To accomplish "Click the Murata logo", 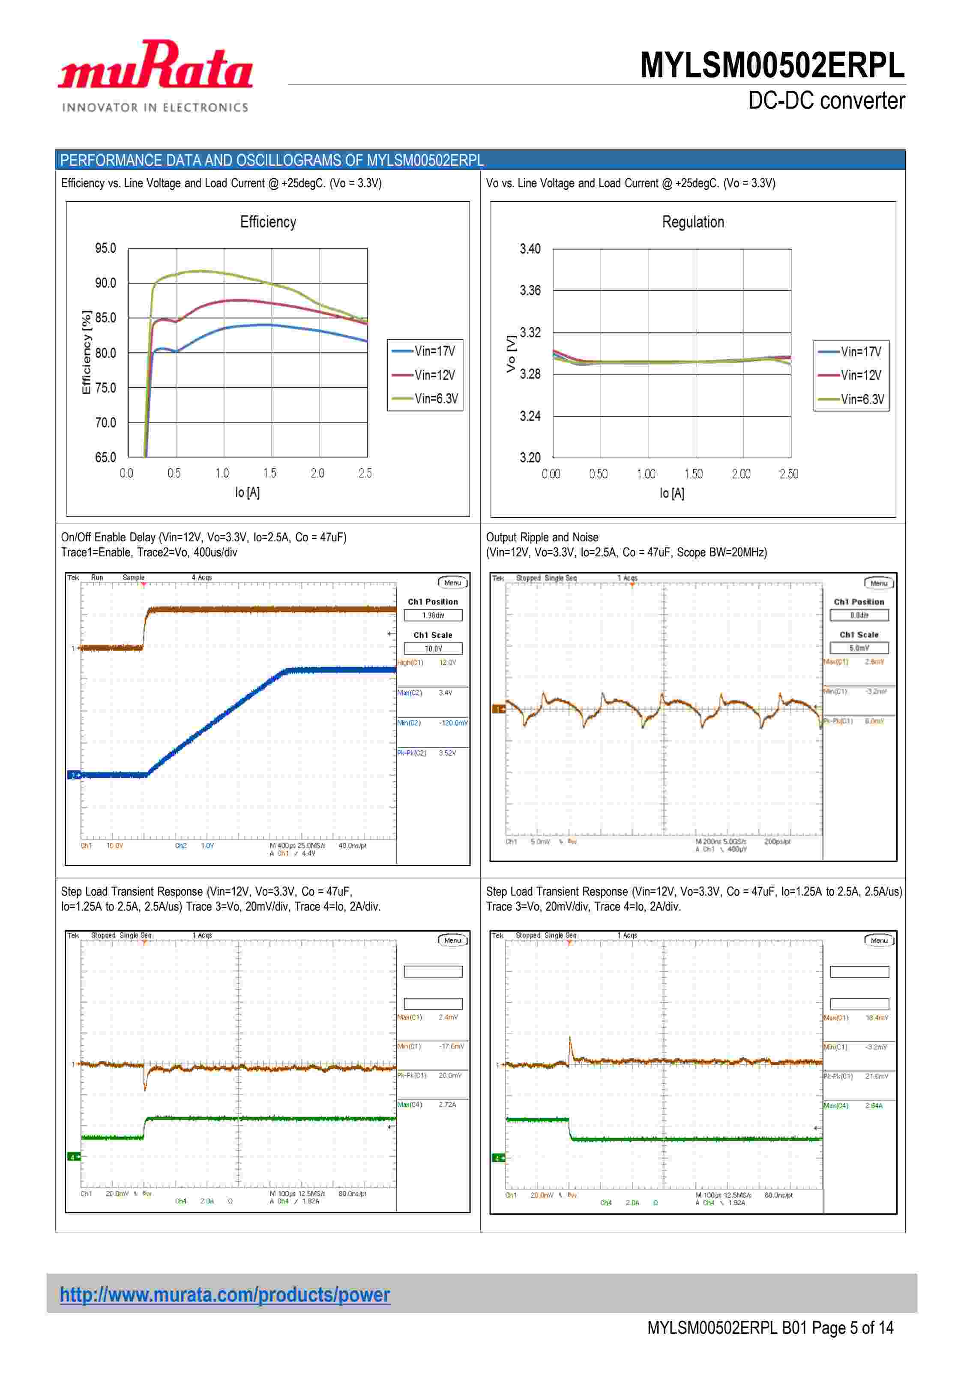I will pyautogui.click(x=155, y=75).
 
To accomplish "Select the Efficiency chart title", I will pyautogui.click(x=268, y=222).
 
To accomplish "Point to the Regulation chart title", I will pyautogui.click(x=693, y=222).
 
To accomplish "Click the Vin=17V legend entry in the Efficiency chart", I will pyautogui.click(x=426, y=351).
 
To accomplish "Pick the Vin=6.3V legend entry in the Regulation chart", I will pyautogui.click(x=853, y=399).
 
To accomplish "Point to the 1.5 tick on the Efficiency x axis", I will pyautogui.click(x=269, y=473).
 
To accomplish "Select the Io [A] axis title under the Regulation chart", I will pyautogui.click(x=672, y=493).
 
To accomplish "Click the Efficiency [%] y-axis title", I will pyautogui.click(x=87, y=352).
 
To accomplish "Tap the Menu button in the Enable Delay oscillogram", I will pyautogui.click(x=452, y=582).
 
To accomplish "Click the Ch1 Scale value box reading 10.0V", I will pyautogui.click(x=433, y=648).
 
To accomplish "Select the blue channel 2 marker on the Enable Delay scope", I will pyautogui.click(x=74, y=775).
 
